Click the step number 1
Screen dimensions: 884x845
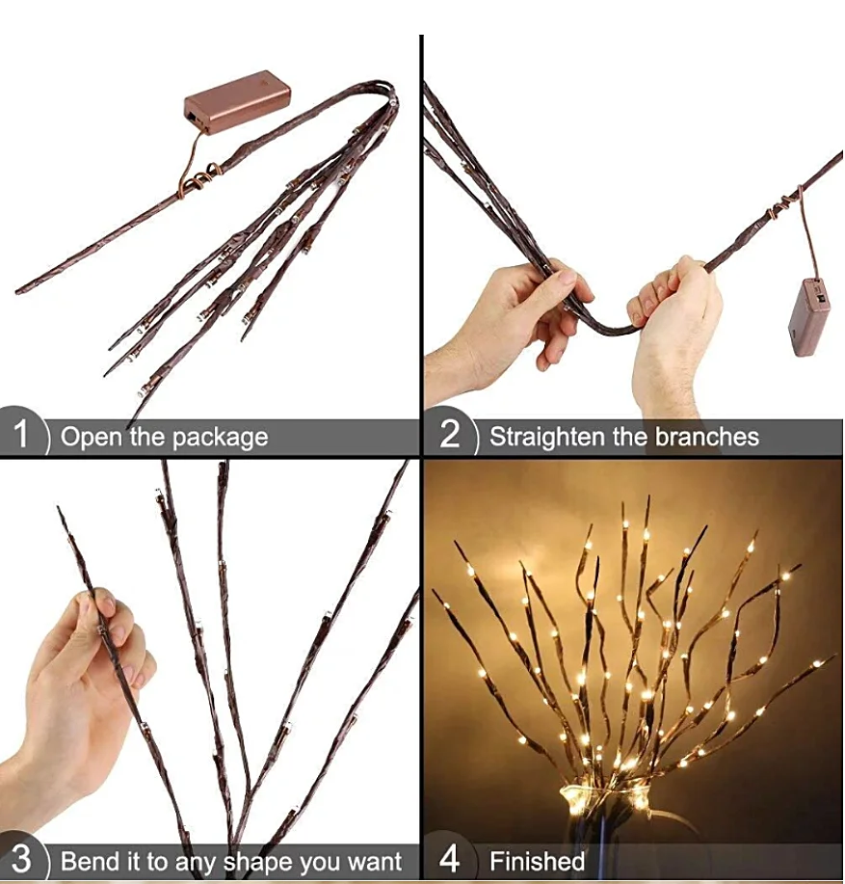point(20,436)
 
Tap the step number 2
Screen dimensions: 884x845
point(449,436)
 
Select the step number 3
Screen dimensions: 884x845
point(20,860)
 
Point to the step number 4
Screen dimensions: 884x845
point(449,860)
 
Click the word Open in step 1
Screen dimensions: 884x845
point(92,437)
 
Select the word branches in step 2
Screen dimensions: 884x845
point(707,437)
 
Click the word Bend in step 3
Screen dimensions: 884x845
point(88,861)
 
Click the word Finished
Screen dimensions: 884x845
point(537,861)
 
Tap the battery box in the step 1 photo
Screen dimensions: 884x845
point(236,100)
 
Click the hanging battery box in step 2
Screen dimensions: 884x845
point(808,317)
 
